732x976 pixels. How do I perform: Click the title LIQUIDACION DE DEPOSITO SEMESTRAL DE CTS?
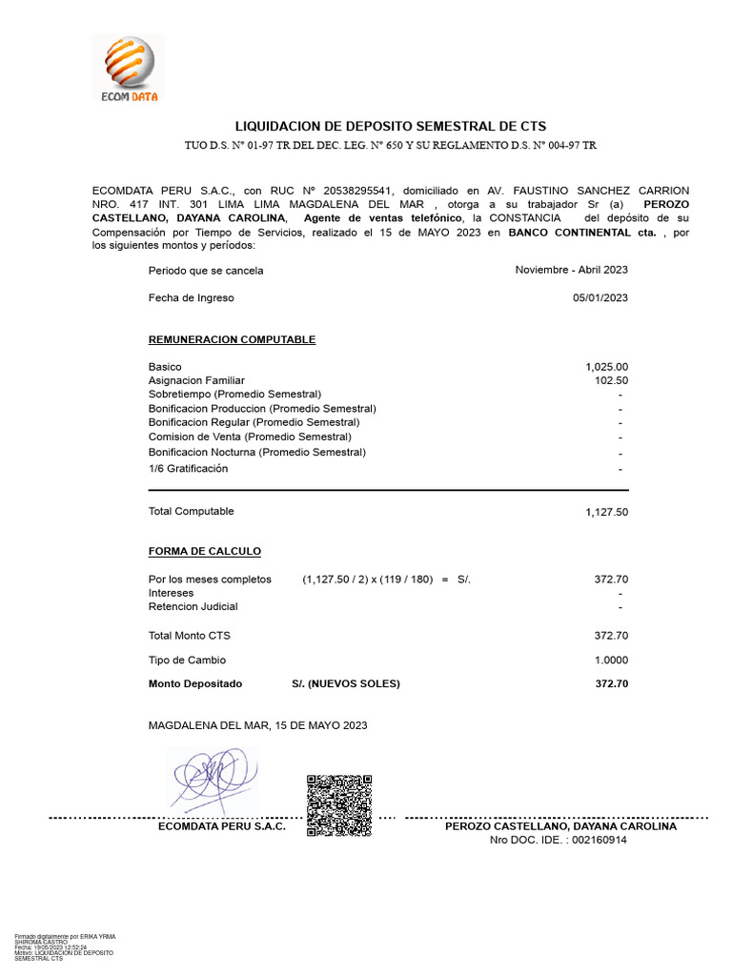[x=390, y=127]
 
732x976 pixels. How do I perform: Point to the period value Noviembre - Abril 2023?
[x=571, y=271]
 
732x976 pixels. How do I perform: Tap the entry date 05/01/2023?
[x=600, y=298]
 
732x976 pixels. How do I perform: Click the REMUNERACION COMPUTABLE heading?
[x=232, y=340]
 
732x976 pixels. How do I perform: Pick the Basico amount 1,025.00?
[x=606, y=367]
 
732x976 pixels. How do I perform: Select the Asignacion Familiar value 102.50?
[x=611, y=380]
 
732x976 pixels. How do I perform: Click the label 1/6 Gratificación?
[x=188, y=469]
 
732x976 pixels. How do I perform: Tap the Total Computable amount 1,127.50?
[x=606, y=513]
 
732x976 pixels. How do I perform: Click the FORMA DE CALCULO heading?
[x=204, y=552]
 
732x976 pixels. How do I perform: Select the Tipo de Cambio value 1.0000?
[x=608, y=661]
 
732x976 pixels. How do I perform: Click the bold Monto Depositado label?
[x=195, y=684]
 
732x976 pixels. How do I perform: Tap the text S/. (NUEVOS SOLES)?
[x=346, y=684]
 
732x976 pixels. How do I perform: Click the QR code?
[x=338, y=805]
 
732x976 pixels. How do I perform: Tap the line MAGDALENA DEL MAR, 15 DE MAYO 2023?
[x=257, y=726]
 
